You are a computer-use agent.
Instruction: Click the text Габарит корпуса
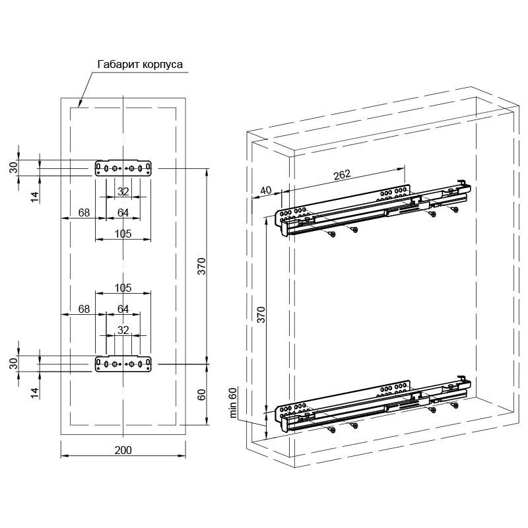pyautogui.click(x=140, y=64)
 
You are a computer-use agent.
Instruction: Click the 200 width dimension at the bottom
pyautogui.click(x=123, y=450)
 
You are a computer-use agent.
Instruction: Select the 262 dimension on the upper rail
pyautogui.click(x=342, y=174)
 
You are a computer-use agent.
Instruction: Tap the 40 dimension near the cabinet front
pyautogui.click(x=266, y=190)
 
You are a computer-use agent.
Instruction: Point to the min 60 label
pyautogui.click(x=233, y=403)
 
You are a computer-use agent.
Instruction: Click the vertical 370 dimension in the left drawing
pyautogui.click(x=201, y=266)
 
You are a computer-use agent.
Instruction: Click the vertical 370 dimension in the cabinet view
pyautogui.click(x=261, y=315)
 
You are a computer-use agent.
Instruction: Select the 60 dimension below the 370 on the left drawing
pyautogui.click(x=201, y=395)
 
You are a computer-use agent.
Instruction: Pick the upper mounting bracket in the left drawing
pyautogui.click(x=123, y=168)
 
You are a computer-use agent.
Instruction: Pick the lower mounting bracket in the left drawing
pyautogui.click(x=123, y=364)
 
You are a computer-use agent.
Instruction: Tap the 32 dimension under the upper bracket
pyautogui.click(x=123, y=191)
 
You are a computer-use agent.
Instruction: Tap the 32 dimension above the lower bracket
pyautogui.click(x=123, y=330)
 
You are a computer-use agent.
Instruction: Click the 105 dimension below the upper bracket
pyautogui.click(x=123, y=234)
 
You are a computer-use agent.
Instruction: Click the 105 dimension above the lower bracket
pyautogui.click(x=123, y=288)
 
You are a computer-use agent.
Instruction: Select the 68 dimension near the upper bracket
pyautogui.click(x=84, y=213)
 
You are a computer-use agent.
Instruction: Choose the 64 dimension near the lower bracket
pyautogui.click(x=123, y=309)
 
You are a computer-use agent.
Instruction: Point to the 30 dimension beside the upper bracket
pyautogui.click(x=13, y=168)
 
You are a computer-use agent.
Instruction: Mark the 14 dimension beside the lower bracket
pyautogui.click(x=35, y=393)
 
